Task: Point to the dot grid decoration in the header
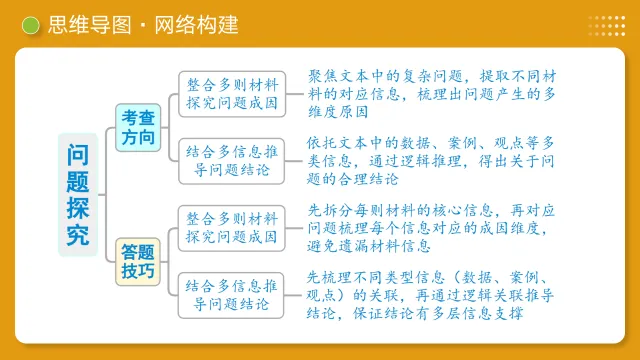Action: point(606,25)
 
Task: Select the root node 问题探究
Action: point(77,193)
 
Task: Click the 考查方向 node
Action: point(138,128)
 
